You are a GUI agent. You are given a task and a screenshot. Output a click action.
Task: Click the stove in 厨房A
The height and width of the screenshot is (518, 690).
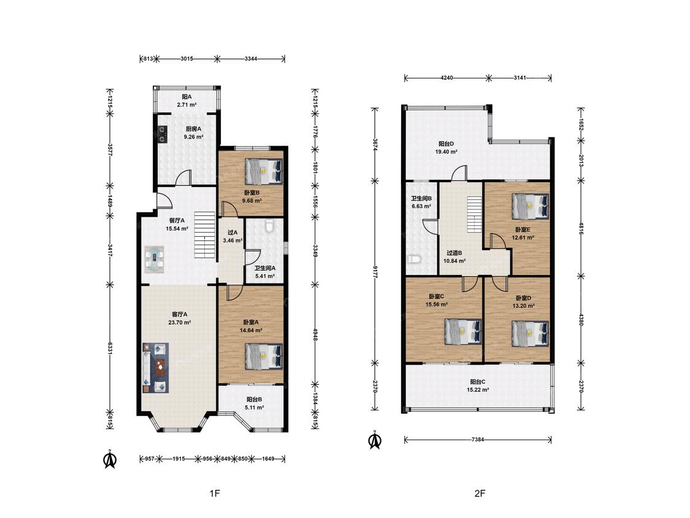click(163, 134)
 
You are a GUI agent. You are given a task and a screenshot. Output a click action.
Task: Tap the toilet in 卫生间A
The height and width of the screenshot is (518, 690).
click(270, 226)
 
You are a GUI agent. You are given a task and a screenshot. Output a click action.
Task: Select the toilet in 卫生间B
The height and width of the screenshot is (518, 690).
click(412, 260)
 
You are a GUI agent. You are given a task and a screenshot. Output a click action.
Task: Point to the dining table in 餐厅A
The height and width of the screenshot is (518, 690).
click(155, 260)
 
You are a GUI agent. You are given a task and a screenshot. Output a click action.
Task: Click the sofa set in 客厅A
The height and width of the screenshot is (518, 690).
click(155, 368)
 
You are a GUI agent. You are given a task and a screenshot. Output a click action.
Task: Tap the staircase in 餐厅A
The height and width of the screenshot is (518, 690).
click(205, 235)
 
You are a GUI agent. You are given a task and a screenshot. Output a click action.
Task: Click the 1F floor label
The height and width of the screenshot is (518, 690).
click(215, 494)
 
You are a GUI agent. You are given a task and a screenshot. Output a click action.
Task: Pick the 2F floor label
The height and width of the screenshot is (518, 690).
click(480, 494)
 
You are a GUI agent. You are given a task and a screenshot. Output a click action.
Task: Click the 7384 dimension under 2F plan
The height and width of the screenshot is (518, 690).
click(478, 439)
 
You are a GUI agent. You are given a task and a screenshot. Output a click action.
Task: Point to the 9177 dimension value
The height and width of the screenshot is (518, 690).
click(375, 273)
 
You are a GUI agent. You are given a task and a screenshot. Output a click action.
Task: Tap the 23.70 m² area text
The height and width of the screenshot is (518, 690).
click(180, 322)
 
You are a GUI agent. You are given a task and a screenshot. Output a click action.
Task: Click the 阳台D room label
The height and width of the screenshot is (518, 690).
click(447, 144)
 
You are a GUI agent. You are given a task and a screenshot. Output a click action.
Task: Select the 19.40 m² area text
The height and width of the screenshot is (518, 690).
click(447, 152)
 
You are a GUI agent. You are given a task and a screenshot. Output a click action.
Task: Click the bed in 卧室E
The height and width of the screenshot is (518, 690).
click(531, 206)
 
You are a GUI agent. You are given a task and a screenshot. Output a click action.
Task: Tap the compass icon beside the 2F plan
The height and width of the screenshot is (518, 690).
click(375, 440)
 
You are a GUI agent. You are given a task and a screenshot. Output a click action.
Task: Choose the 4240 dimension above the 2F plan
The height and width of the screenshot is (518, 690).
click(447, 78)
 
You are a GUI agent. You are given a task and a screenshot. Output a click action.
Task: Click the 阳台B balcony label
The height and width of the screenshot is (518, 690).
click(255, 400)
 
